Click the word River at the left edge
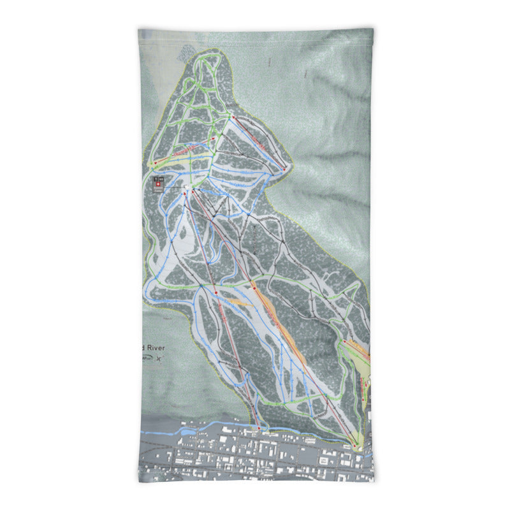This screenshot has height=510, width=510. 155,347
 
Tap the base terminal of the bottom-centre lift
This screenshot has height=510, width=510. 258,427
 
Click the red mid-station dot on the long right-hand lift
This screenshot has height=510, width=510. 254,289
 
